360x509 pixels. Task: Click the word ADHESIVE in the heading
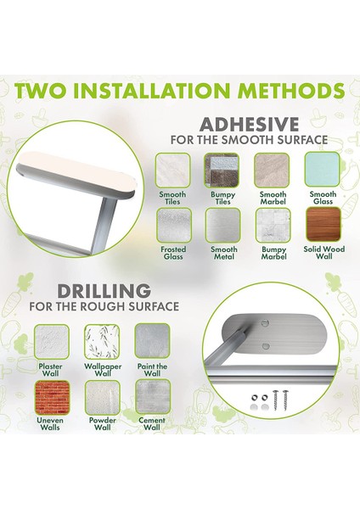point(249,125)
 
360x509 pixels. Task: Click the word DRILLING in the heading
point(104,291)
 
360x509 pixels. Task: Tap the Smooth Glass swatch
point(322,170)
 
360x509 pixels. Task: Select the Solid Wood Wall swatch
point(323,225)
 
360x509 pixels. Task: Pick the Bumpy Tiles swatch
point(222,171)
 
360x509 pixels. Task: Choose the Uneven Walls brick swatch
point(53,398)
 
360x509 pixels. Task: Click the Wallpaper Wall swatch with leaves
point(102,342)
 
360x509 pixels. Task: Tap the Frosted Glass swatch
point(174,226)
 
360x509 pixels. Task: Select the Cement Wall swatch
point(153,398)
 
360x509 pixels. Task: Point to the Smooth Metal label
point(224,253)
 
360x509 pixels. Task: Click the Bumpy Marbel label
point(274,253)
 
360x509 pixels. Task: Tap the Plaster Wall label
point(50,370)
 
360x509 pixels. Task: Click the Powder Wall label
point(103,423)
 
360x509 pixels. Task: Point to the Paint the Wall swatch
point(152,341)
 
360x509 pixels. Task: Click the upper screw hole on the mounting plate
point(266,323)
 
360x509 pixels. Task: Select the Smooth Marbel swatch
point(272,171)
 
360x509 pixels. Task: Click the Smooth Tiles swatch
point(172,171)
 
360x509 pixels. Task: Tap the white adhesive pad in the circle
point(77,175)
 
